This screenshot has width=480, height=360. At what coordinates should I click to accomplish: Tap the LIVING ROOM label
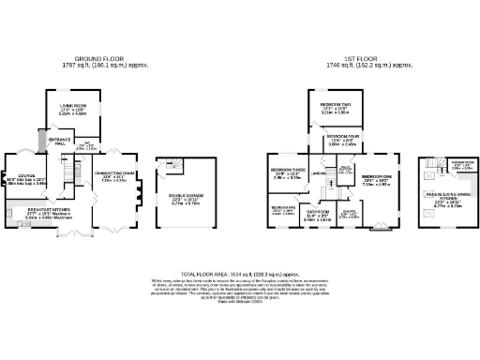tap(73, 106)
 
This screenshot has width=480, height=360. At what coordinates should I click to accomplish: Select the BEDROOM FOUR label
tap(342, 138)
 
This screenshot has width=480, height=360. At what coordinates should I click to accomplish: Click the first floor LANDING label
tap(320, 173)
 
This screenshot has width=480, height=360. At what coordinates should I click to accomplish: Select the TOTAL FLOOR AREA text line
tap(239, 268)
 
